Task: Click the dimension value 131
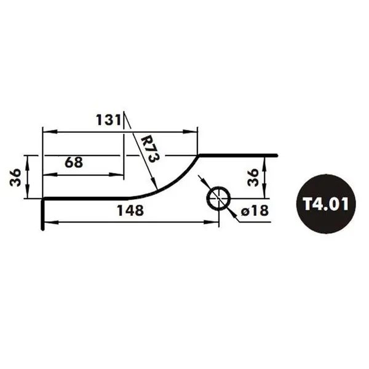click(x=108, y=120)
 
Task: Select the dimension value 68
click(x=74, y=162)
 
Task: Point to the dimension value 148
click(x=130, y=210)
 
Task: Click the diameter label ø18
click(x=255, y=210)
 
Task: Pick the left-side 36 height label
click(x=16, y=177)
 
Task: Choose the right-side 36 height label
click(x=253, y=177)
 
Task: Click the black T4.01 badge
click(x=326, y=204)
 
